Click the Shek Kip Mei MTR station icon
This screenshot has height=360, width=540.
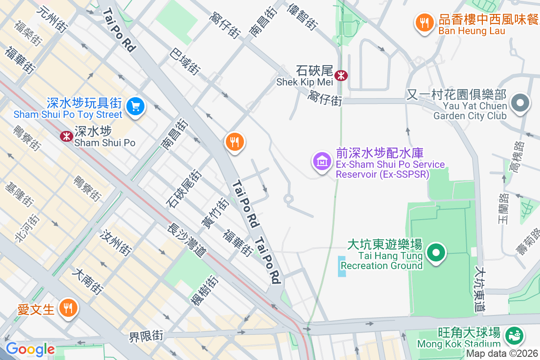[341, 75]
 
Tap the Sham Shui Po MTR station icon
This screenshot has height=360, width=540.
[67, 136]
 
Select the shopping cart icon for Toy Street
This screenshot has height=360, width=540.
[135, 107]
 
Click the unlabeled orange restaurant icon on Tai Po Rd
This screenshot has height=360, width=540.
[234, 142]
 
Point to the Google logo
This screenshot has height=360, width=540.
[30, 349]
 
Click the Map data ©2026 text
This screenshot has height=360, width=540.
[502, 353]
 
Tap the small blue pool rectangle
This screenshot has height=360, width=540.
[342, 266]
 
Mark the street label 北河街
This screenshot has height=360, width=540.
[27, 228]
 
